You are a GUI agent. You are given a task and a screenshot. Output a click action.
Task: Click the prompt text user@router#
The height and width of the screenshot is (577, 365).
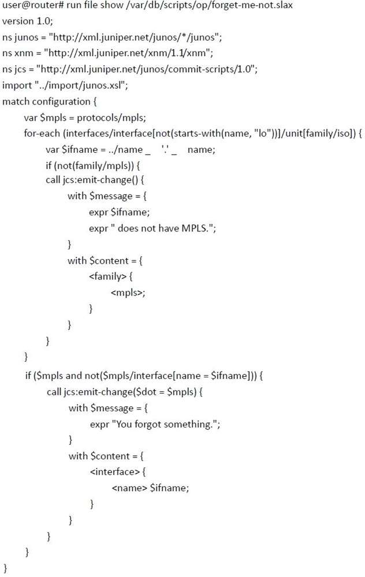click(x=33, y=6)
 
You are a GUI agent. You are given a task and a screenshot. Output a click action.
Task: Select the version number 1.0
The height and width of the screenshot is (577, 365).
click(x=44, y=21)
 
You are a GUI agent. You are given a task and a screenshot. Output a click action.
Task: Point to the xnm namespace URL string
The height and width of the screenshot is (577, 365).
click(x=128, y=53)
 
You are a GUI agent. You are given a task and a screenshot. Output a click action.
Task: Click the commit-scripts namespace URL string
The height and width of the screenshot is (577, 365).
click(x=147, y=69)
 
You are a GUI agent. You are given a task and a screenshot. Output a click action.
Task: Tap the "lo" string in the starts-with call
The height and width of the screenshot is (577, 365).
click(x=262, y=133)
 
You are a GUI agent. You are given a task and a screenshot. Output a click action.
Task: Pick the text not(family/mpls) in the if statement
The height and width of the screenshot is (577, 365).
click(x=95, y=166)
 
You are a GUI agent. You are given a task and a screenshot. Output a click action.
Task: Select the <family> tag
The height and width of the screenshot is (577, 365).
click(x=107, y=276)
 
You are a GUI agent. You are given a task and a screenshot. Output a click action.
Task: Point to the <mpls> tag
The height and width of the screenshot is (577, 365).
click(x=127, y=293)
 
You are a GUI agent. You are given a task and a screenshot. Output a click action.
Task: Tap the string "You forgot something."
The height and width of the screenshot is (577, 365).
click(x=167, y=424)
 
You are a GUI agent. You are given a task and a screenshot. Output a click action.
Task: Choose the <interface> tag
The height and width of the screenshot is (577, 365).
click(x=114, y=472)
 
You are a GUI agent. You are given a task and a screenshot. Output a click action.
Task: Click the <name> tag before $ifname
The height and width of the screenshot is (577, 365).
click(x=129, y=488)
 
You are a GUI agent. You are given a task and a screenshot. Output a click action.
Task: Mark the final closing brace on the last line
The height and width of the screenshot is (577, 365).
click(x=5, y=568)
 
